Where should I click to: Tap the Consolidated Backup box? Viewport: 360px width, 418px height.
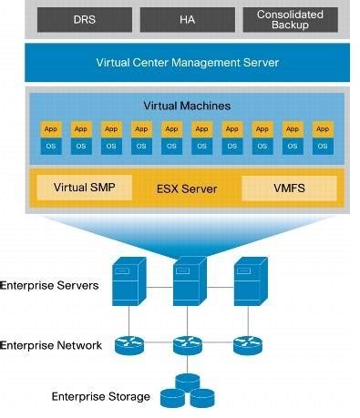click(290, 19)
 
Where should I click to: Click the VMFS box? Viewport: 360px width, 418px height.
click(288, 189)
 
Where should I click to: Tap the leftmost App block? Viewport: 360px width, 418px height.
click(50, 129)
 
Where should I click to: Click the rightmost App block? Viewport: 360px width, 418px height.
click(322, 129)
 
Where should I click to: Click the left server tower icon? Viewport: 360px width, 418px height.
click(126, 282)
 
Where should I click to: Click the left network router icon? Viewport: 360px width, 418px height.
click(126, 345)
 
